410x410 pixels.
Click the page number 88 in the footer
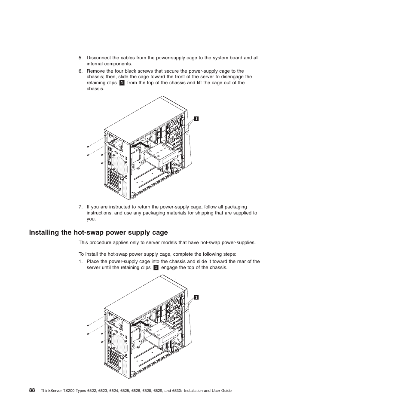click(x=32, y=390)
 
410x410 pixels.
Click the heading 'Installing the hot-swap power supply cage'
click(x=98, y=233)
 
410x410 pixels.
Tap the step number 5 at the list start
click(x=80, y=58)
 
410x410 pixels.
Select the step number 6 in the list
click(x=80, y=71)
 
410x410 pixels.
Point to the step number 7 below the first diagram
click(x=80, y=207)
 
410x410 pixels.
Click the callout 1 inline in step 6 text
click(x=122, y=83)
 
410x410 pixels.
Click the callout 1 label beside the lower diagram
click(x=196, y=297)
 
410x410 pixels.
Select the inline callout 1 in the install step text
click(x=156, y=267)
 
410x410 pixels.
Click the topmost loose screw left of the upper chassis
click(x=88, y=147)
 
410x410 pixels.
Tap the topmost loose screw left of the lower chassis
click(x=88, y=325)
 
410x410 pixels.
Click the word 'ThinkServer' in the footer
click(x=52, y=390)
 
